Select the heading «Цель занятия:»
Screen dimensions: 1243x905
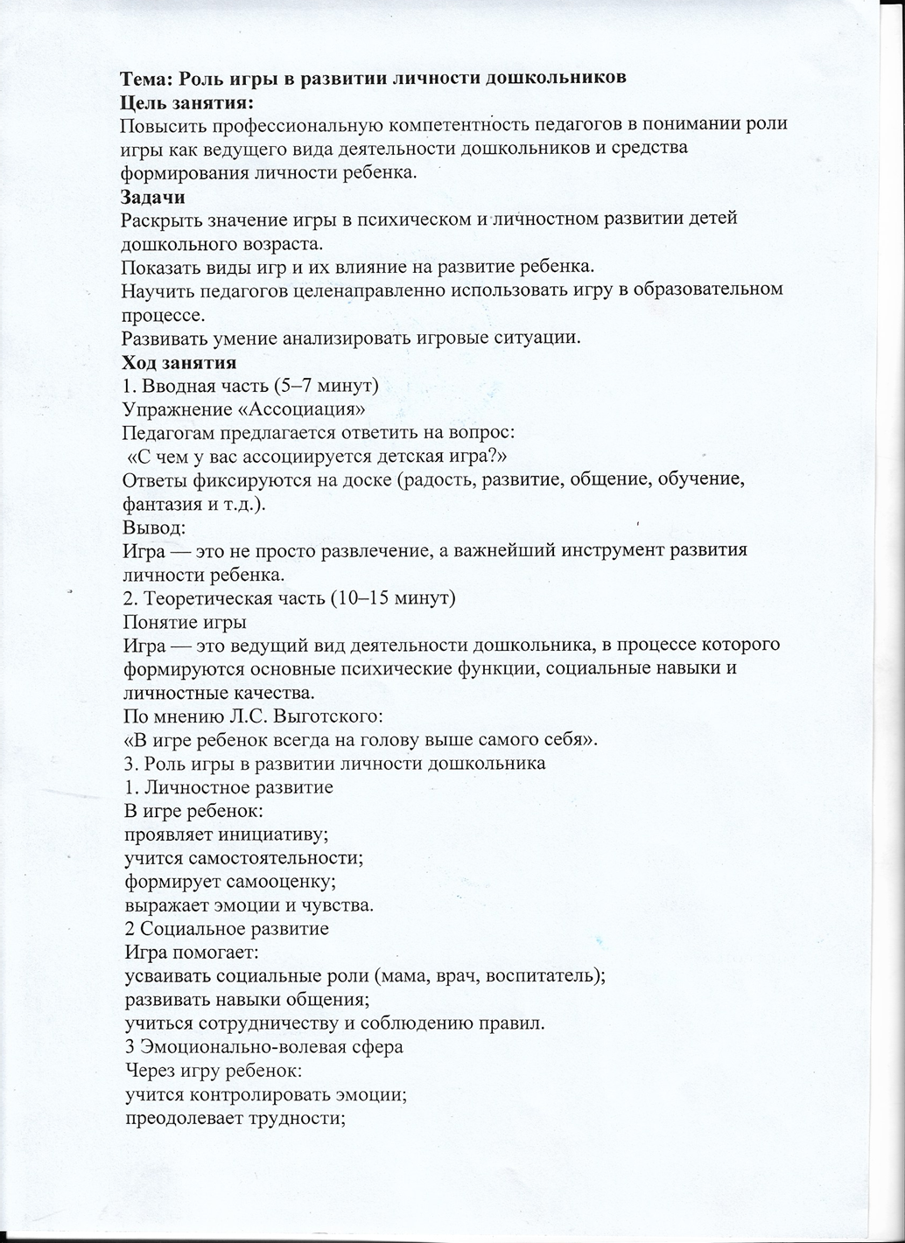click(x=180, y=101)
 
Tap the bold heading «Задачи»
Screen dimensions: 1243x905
click(x=152, y=197)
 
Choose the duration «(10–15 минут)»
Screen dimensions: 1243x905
click(x=390, y=599)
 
